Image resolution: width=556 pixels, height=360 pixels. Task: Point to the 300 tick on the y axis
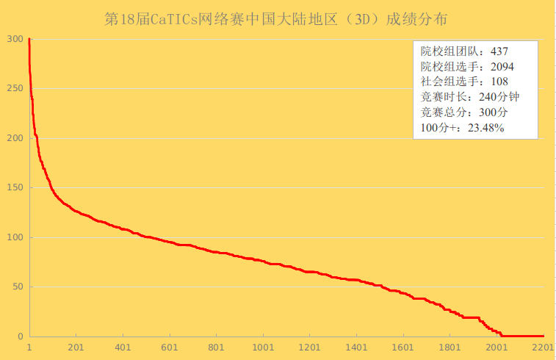pos(15,39)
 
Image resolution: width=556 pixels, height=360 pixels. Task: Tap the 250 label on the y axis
pos(15,89)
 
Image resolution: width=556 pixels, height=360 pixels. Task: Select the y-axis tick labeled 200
pos(15,138)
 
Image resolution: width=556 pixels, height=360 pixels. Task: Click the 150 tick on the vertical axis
pos(15,188)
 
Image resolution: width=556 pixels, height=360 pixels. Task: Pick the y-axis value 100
pos(15,237)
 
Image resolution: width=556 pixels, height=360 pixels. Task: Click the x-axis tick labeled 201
pos(76,348)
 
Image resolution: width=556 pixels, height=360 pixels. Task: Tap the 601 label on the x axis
pos(170,348)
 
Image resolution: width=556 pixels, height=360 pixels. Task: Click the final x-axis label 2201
pos(543,348)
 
